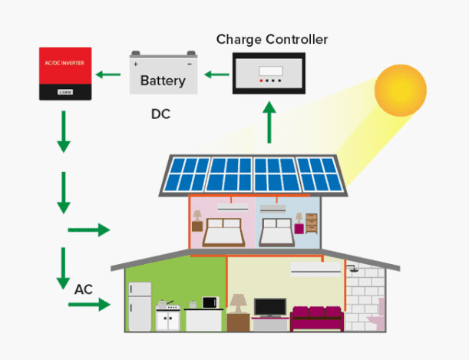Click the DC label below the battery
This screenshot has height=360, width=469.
pos(160,115)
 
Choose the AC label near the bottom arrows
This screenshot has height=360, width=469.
pos(84,290)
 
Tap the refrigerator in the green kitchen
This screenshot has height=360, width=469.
pos(140,305)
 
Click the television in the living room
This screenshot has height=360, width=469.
pos(269,306)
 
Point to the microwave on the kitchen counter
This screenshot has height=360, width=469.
pos(209,303)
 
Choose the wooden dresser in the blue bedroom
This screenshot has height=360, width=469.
pos(311,223)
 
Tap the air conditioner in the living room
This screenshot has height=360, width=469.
pos(313,269)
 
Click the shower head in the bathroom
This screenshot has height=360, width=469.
pos(353,269)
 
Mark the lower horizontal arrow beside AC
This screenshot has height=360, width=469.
pos(89,306)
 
